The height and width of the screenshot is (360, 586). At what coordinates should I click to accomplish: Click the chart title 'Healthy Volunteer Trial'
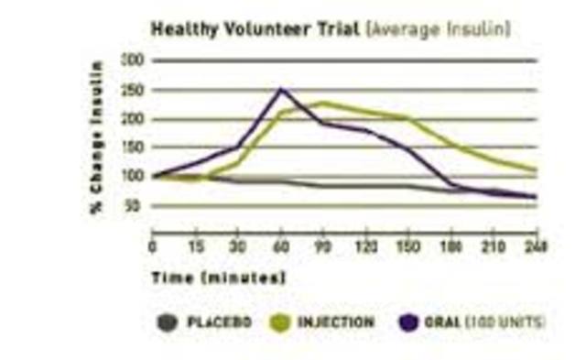pyautogui.click(x=256, y=29)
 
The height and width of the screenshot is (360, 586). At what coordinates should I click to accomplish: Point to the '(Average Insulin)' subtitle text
pyautogui.click(x=438, y=29)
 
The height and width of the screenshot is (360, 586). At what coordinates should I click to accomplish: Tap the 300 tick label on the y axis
pyautogui.click(x=134, y=61)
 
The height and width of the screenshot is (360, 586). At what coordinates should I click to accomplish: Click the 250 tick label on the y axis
pyautogui.click(x=134, y=90)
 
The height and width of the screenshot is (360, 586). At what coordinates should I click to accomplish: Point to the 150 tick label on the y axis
pyautogui.click(x=134, y=147)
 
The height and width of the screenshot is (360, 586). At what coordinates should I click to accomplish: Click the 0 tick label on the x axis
pyautogui.click(x=153, y=245)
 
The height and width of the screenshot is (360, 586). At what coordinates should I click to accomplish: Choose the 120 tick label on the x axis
pyautogui.click(x=367, y=245)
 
